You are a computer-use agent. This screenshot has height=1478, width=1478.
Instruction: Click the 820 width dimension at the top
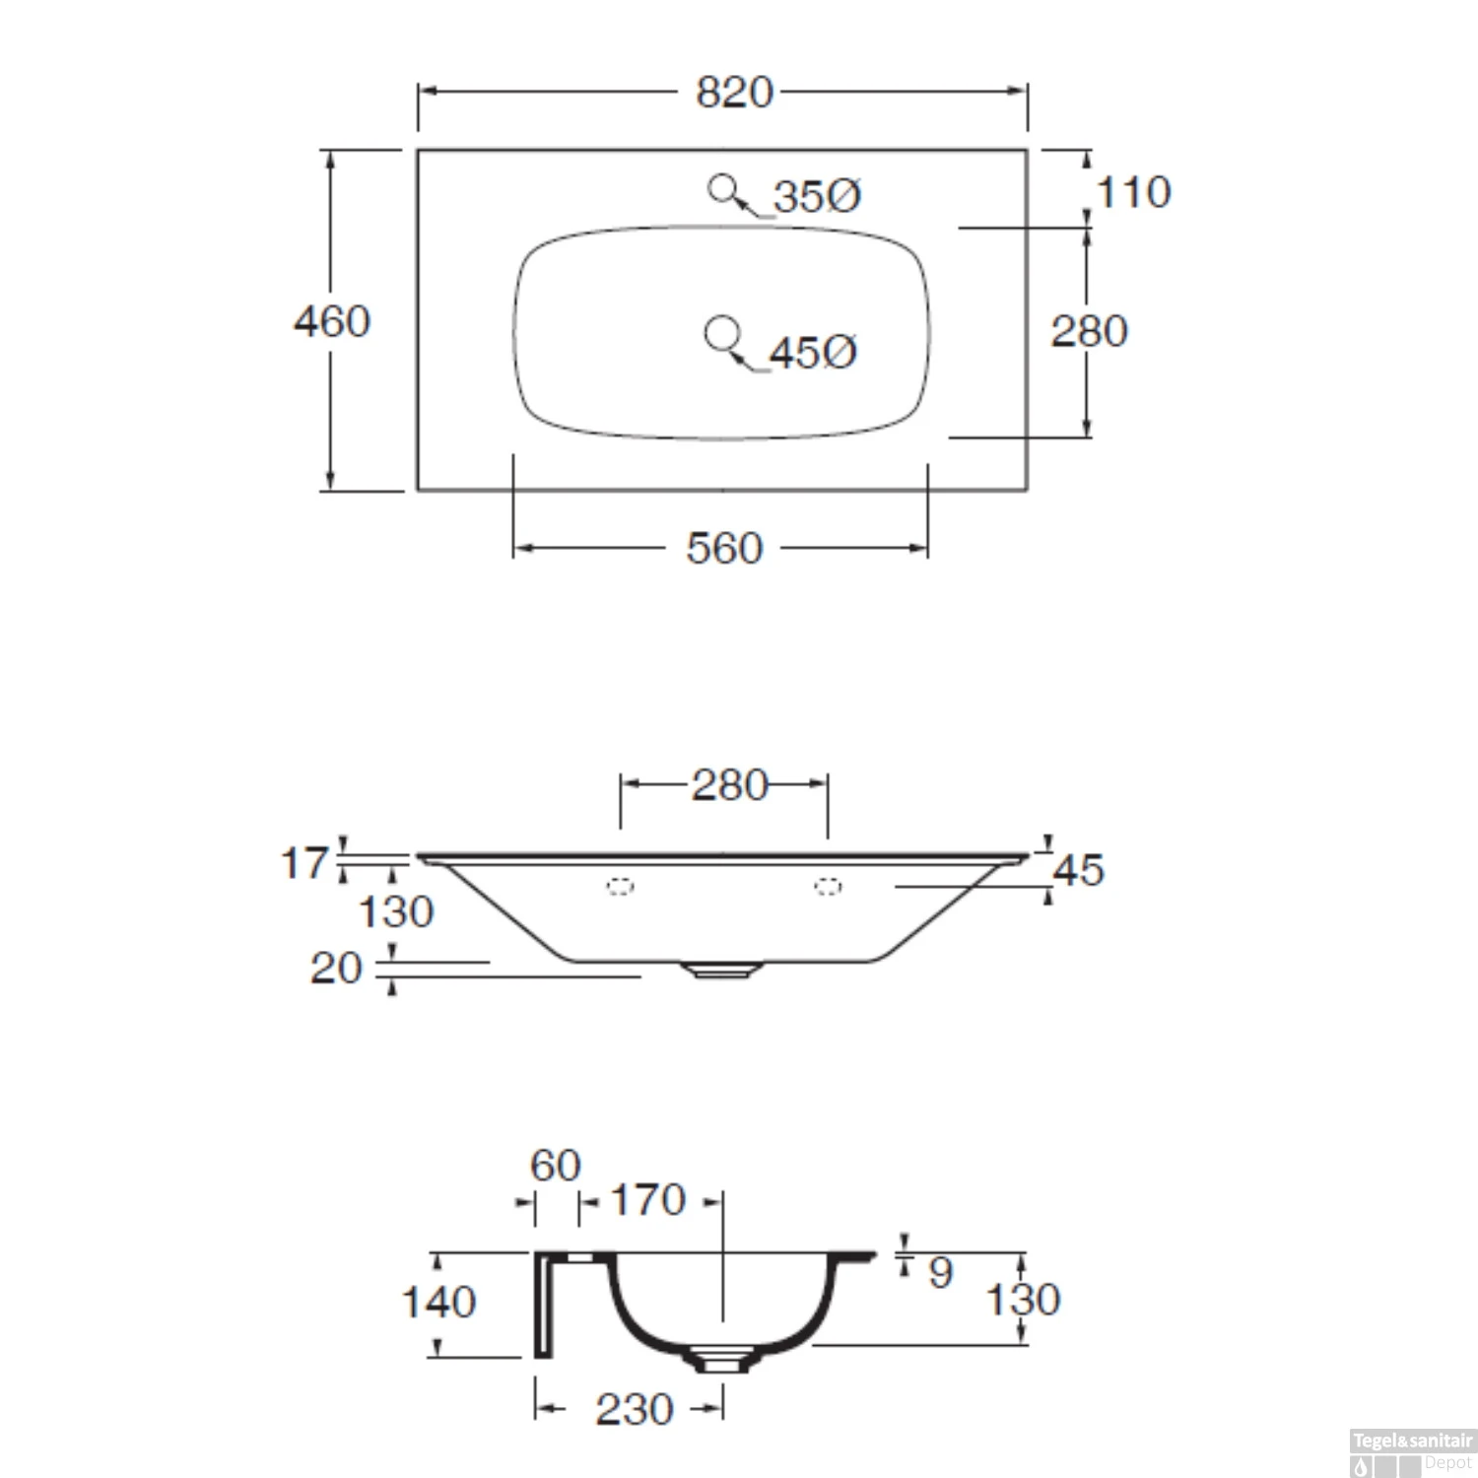(734, 93)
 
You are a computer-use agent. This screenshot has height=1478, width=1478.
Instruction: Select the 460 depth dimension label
(332, 321)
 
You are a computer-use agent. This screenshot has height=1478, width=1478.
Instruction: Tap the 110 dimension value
(1133, 192)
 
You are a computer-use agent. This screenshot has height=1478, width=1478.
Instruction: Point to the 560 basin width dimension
(724, 548)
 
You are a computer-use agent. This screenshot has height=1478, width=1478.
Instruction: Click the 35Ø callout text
(816, 196)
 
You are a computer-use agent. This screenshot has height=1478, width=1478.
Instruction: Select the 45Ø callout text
(812, 352)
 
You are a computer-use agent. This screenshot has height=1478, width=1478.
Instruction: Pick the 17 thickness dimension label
(302, 863)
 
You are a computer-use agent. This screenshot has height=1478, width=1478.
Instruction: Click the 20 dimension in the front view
(336, 969)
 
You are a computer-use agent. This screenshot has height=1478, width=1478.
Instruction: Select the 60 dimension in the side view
(555, 1166)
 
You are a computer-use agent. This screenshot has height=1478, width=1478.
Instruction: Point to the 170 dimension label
(647, 1200)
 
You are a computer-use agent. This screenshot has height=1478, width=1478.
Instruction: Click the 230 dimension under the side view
(634, 1409)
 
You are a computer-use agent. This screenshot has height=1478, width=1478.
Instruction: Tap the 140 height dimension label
(438, 1303)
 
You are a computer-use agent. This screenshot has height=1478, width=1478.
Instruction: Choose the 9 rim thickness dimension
(940, 1272)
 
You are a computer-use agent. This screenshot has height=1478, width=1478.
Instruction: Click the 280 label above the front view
(728, 785)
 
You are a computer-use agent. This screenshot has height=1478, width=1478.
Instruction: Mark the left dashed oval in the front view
(620, 887)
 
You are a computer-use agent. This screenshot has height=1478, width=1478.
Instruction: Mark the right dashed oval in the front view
(828, 887)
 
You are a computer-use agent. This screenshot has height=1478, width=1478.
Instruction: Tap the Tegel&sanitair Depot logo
(1411, 1452)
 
